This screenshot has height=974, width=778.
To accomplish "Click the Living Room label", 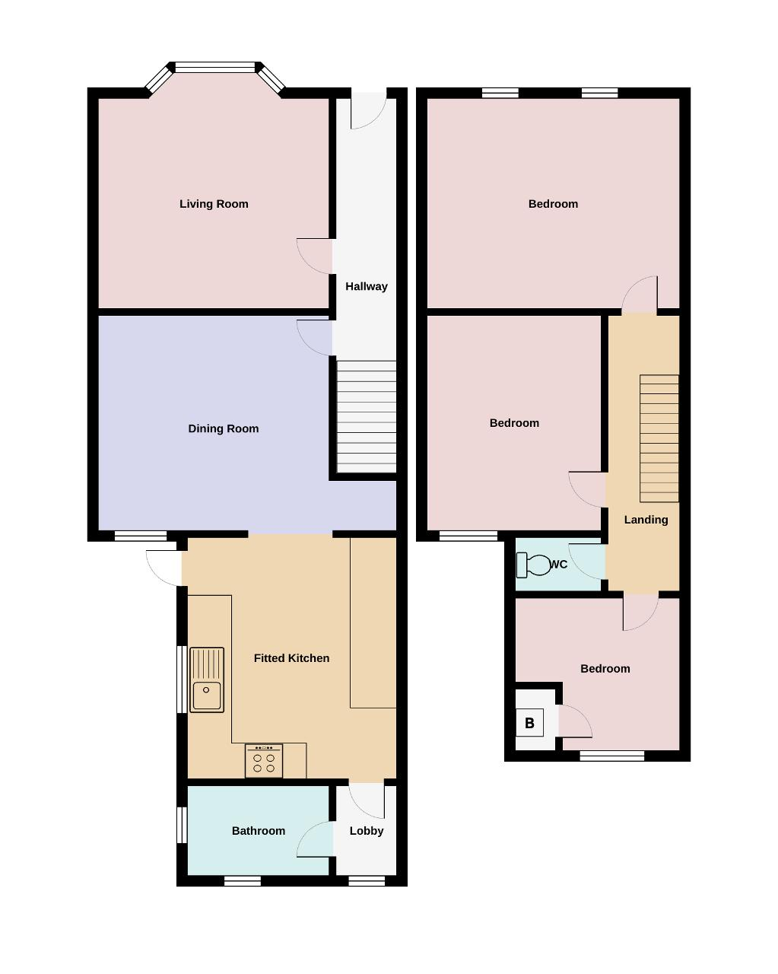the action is click(x=214, y=204).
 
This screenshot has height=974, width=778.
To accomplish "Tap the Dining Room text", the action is click(x=223, y=428).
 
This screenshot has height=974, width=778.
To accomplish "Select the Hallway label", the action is click(x=366, y=286).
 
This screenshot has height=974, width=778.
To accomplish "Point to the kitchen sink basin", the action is click(x=207, y=695).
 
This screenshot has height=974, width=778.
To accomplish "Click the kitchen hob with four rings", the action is click(x=264, y=760).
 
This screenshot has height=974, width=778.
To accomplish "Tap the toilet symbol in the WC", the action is click(x=533, y=565).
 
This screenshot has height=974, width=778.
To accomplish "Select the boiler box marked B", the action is click(x=529, y=723).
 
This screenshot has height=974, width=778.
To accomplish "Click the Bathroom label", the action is click(x=259, y=830).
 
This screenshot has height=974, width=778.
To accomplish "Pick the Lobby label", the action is click(x=367, y=830).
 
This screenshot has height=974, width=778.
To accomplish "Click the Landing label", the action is click(x=646, y=520).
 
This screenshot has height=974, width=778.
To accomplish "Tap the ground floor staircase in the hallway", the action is click(x=367, y=416).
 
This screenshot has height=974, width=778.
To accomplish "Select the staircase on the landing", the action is click(x=659, y=438).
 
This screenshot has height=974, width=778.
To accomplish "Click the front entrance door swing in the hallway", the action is click(x=369, y=110).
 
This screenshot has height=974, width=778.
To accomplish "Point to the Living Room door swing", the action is click(x=314, y=256).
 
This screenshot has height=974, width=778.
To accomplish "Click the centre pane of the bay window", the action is click(x=215, y=68).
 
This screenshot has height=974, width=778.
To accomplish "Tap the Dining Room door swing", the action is click(x=314, y=338).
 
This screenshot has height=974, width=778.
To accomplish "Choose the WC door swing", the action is click(x=586, y=562).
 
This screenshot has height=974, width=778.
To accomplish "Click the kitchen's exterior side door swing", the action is click(x=164, y=568).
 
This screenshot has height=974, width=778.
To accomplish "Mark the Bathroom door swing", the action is click(x=315, y=839).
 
